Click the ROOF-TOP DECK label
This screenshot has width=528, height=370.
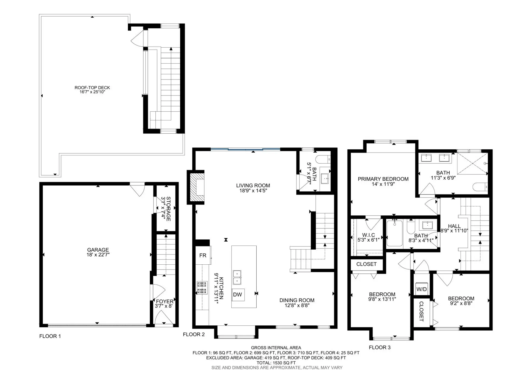[92, 87]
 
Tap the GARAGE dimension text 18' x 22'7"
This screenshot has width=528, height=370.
[98, 255]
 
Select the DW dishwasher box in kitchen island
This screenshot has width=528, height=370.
[238, 295]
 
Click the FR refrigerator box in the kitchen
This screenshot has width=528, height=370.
[203, 255]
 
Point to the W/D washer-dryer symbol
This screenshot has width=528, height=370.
[421, 289]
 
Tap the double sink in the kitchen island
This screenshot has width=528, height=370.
[237, 277]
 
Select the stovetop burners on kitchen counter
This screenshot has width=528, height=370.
[202, 287]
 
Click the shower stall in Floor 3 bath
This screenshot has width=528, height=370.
[472, 163]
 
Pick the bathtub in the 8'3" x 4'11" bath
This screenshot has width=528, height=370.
[394, 233]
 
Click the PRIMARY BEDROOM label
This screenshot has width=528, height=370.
[383, 179]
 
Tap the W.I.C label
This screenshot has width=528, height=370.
[368, 235]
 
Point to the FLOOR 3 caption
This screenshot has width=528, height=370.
[380, 347]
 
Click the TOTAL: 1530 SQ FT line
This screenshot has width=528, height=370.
[276, 363]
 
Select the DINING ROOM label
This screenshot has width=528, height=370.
[297, 300]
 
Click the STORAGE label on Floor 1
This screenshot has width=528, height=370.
[168, 209]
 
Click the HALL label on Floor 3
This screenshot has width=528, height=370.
[454, 226]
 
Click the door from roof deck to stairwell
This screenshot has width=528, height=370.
[137, 38]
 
